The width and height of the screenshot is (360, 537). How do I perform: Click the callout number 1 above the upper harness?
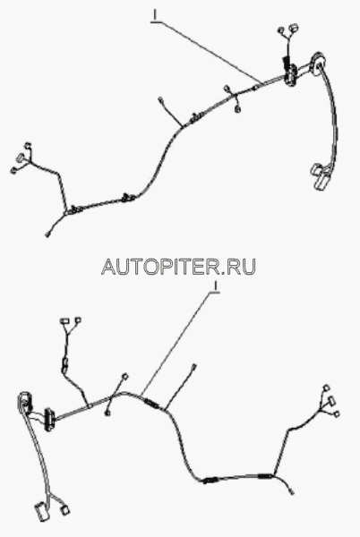[x=156, y=16]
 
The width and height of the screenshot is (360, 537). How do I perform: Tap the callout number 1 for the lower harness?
[x=215, y=287]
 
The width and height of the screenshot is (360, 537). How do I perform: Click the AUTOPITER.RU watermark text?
[x=178, y=267]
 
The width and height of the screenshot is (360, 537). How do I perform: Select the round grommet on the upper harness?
[x=317, y=64]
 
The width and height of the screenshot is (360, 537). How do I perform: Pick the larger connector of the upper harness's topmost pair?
[x=293, y=28]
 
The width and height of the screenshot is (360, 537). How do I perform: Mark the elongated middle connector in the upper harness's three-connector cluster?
[x=21, y=158]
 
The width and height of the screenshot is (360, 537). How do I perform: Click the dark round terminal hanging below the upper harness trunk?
[x=237, y=109]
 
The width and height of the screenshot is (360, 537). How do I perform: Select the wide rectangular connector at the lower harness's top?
[x=64, y=321]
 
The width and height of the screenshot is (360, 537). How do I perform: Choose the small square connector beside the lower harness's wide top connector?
[x=78, y=320]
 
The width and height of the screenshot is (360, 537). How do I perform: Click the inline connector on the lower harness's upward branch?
[x=64, y=364]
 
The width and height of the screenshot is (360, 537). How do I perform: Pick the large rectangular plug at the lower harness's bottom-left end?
[x=41, y=512]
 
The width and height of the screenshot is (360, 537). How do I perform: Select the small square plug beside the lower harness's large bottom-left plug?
[x=64, y=510]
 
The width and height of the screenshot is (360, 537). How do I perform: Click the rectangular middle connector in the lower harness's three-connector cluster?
[x=330, y=401]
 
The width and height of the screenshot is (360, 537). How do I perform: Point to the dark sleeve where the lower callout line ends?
[x=150, y=403]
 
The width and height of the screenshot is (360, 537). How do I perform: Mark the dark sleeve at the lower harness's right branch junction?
[x=265, y=475]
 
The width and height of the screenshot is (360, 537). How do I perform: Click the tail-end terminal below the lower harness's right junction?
[x=292, y=493]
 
